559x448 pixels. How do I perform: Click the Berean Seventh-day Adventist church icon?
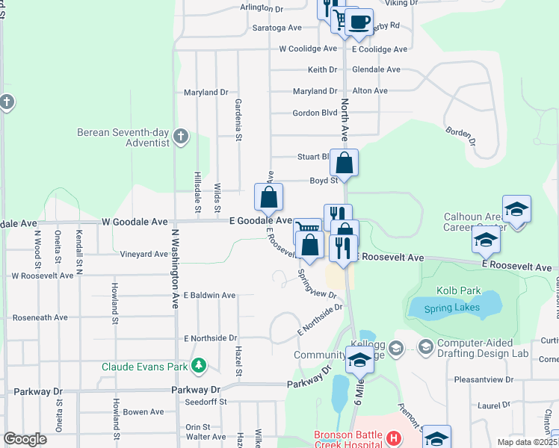pos(180,137)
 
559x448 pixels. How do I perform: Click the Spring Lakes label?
pos(449,308)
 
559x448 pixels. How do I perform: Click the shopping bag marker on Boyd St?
pos(345,164)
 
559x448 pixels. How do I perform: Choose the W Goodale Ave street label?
pos(131,222)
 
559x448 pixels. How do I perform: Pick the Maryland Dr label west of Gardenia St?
pos(206,93)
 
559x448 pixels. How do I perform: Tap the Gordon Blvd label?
pos(315,113)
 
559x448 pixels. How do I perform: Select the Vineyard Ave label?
pos(145,254)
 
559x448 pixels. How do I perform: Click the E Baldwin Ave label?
pos(209,295)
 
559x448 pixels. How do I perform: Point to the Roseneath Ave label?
pos(40,317)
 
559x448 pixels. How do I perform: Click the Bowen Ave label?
pos(143,411)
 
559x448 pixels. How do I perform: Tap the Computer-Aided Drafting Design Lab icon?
pos(425,346)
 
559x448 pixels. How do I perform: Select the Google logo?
pos(25,439)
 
